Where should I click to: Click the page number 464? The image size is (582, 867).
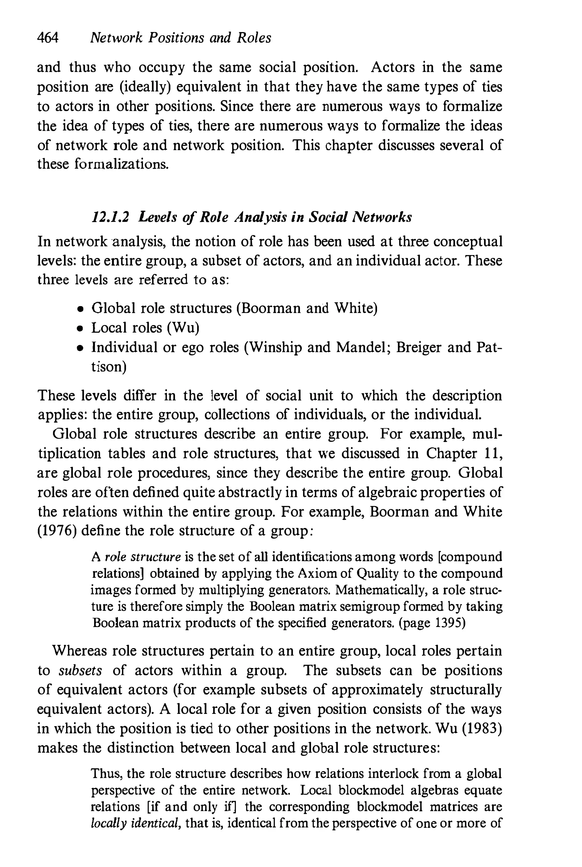coord(47,38)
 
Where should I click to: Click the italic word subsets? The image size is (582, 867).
coord(80,671)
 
